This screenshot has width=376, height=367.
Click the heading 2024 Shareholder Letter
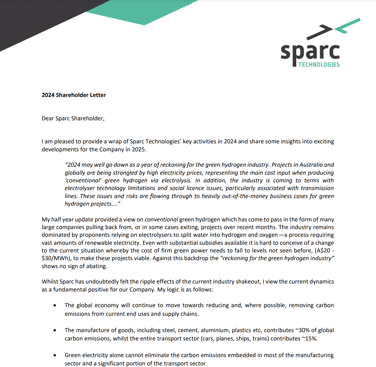(x=74, y=95)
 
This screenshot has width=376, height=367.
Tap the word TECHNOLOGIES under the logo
(x=319, y=65)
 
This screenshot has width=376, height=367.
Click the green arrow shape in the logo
(x=348, y=26)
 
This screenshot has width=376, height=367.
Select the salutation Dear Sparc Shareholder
(x=73, y=118)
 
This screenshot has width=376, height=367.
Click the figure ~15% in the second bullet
(x=309, y=339)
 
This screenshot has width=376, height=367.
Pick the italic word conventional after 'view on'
(x=161, y=219)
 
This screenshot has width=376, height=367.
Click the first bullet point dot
(x=55, y=306)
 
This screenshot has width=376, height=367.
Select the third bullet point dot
(x=55, y=355)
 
